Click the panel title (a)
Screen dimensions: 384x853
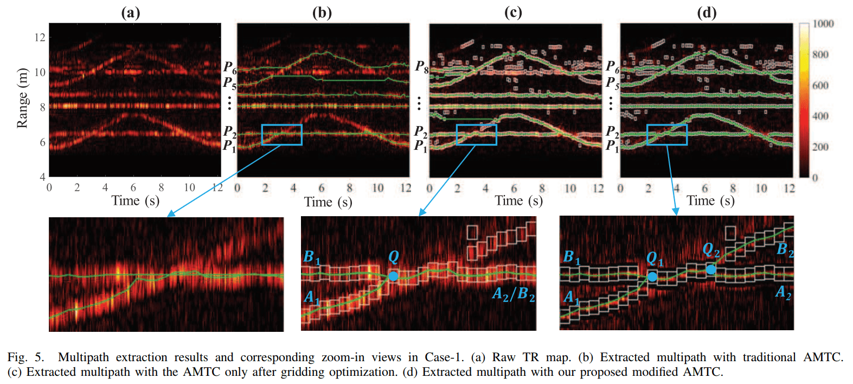(x=130, y=12)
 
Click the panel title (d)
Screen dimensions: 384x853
(x=706, y=12)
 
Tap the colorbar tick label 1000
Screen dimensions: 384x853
(x=823, y=24)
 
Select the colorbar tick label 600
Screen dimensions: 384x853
(x=820, y=85)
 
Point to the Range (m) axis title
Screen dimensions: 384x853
(x=22, y=98)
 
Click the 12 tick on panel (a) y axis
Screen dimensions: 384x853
(x=40, y=37)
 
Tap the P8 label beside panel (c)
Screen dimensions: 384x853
(x=422, y=67)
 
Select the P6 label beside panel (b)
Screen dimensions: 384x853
(x=230, y=67)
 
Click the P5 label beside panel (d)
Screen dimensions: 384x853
(x=612, y=83)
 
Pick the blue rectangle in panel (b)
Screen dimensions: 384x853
(x=281, y=135)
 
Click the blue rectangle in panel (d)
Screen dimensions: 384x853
(x=666, y=135)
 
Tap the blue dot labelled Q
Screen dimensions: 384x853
(x=393, y=276)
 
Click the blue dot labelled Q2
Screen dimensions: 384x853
(x=710, y=269)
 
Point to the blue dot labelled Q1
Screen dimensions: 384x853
(x=652, y=276)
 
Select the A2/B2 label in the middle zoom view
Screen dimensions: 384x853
(x=513, y=294)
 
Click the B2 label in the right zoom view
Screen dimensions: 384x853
(x=785, y=249)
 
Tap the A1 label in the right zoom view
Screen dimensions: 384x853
(x=571, y=297)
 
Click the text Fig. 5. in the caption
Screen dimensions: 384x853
(x=25, y=357)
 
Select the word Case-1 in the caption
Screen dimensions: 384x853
(x=444, y=357)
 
